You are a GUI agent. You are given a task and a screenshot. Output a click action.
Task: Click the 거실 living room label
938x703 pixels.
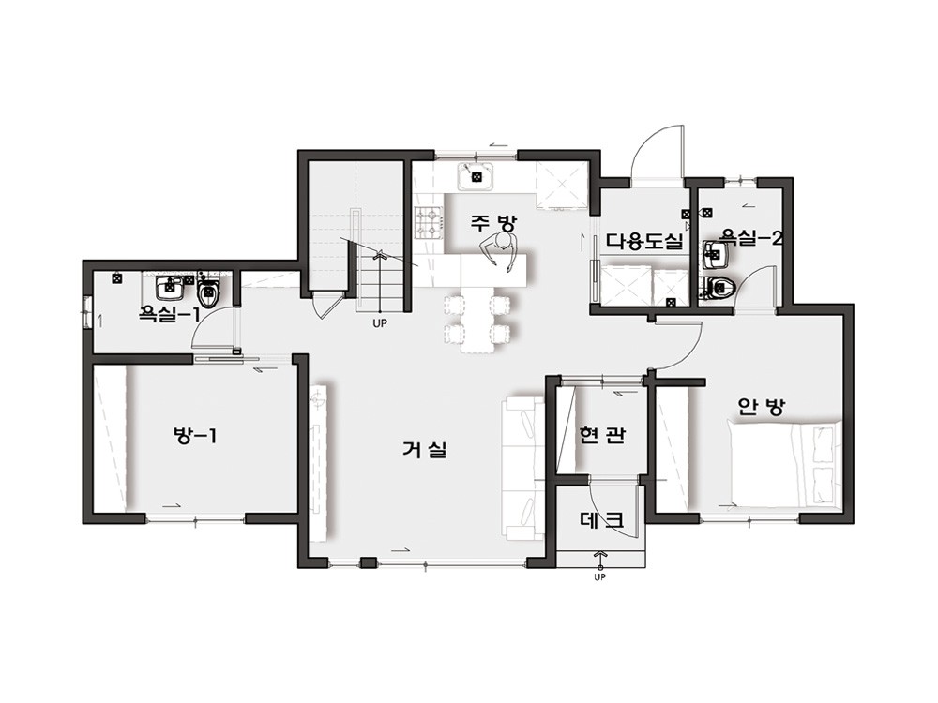point(424,450)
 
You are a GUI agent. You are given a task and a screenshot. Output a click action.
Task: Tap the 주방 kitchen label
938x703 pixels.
point(492,223)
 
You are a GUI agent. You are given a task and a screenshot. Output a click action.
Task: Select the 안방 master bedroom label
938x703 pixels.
point(761,407)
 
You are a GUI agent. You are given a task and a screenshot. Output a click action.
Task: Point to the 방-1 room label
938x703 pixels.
point(195,436)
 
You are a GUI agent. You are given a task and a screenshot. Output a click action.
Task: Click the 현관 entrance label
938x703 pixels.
point(602,435)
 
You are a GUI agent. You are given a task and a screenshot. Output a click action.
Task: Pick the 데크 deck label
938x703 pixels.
point(602,520)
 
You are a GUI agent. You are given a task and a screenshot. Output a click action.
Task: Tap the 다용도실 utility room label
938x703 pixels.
point(644,242)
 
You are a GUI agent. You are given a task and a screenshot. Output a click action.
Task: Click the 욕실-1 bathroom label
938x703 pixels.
point(169,313)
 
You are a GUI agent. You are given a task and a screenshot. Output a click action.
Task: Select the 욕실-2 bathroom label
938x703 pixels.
point(750,238)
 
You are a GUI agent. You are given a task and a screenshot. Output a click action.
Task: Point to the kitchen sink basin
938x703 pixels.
point(476,176)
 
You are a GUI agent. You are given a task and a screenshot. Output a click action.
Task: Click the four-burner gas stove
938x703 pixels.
point(429,222)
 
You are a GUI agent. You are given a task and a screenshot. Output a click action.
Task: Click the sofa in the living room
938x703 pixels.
point(523,468)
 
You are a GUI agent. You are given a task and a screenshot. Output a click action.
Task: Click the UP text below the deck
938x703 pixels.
point(599,577)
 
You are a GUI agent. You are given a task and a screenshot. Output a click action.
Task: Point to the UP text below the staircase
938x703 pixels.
point(379,324)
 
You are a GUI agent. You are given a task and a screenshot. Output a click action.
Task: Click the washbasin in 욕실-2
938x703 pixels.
point(715,255)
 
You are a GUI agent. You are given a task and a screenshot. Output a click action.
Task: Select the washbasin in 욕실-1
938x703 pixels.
point(169,288)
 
